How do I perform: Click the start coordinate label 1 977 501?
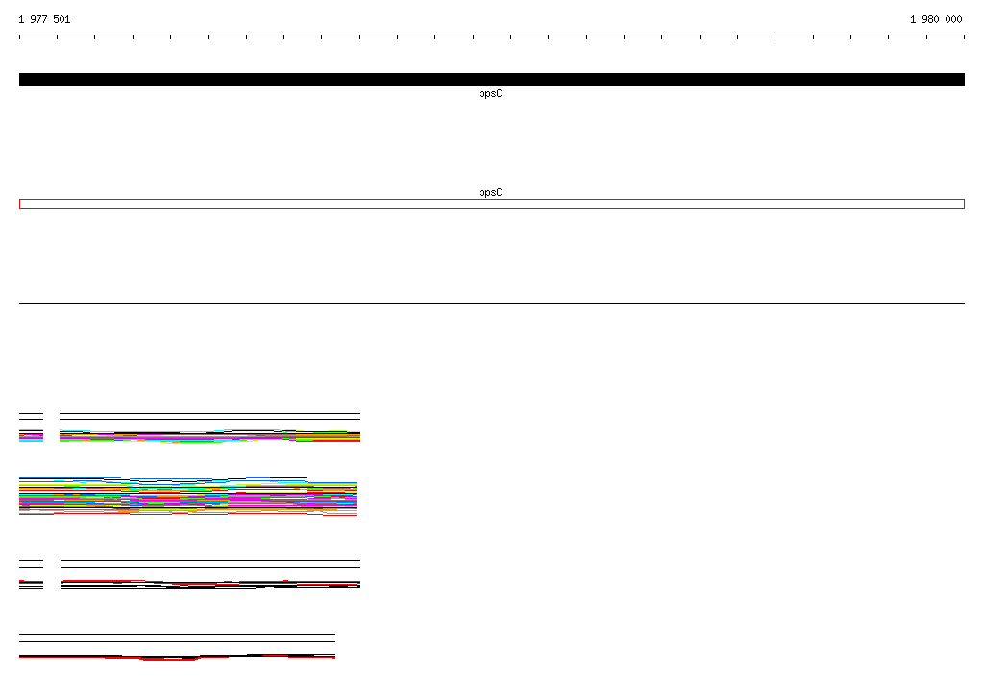pyautogui.click(x=44, y=19)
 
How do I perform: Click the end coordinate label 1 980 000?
pyautogui.click(x=936, y=19)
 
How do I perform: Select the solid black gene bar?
pyautogui.click(x=492, y=80)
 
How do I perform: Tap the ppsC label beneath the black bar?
pyautogui.click(x=490, y=93)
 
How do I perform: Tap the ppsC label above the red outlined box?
pyautogui.click(x=490, y=192)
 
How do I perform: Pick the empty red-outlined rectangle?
pyautogui.click(x=492, y=200)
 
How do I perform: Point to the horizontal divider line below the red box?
pyautogui.click(x=492, y=304)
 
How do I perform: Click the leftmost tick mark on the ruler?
pyautogui.click(x=19, y=37)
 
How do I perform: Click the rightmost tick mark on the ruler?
pyautogui.click(x=964, y=37)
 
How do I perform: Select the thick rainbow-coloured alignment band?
pyautogui.click(x=188, y=497)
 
